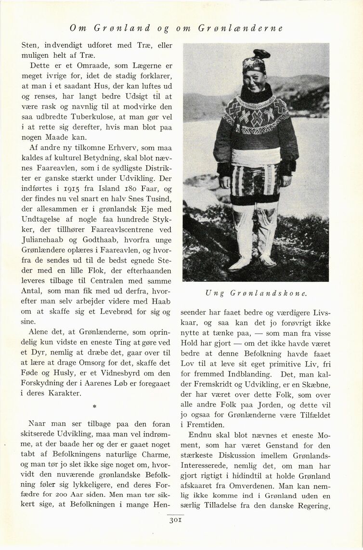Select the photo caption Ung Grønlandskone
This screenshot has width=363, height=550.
tap(256, 292)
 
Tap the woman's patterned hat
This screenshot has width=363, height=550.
tap(255, 61)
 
